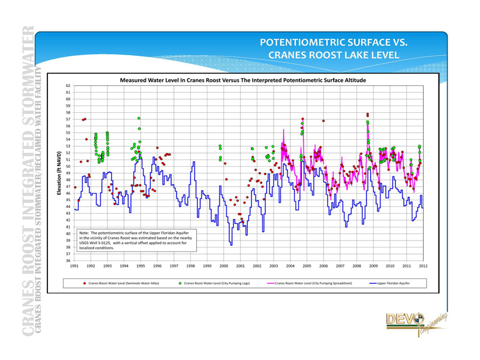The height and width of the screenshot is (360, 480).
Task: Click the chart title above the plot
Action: tap(242, 80)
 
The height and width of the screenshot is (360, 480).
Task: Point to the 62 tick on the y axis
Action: tap(68, 86)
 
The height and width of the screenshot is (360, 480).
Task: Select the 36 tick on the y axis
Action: tap(68, 260)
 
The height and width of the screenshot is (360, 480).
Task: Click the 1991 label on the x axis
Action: tap(74, 266)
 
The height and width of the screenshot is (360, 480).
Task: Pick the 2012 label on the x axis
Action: tap(423, 266)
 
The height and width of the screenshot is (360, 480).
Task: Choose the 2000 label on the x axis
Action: tap(224, 266)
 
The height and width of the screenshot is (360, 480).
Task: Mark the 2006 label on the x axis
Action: tap(323, 266)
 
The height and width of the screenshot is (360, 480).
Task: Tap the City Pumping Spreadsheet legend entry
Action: tap(309, 283)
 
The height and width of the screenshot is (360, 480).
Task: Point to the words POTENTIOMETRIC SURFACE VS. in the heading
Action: tap(334, 43)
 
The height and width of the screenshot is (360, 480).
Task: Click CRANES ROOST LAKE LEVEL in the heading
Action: tap(334, 55)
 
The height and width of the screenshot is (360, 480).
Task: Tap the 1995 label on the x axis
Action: tap(141, 266)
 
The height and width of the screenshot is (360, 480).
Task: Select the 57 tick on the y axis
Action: tap(68, 119)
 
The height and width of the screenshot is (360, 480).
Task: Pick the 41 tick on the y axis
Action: tap(68, 227)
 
